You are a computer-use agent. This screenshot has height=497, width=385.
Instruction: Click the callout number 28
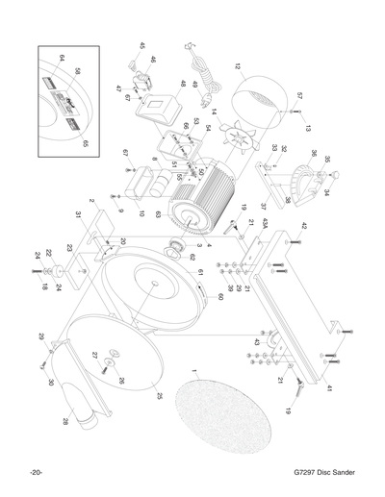point(65,422)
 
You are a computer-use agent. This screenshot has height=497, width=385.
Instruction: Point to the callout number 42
point(305,227)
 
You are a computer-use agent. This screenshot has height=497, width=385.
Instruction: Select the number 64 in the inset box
point(61,59)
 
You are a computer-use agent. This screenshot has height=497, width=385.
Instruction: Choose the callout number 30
point(51,381)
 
